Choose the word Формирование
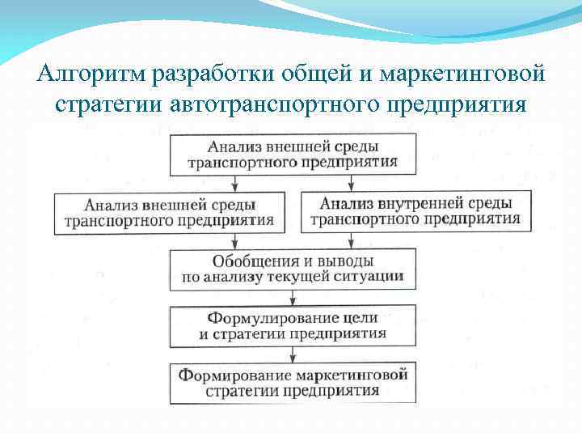pos(234,375)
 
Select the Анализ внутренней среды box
pos(414,210)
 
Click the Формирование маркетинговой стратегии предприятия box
pos(292,382)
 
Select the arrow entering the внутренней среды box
pos(350,184)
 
